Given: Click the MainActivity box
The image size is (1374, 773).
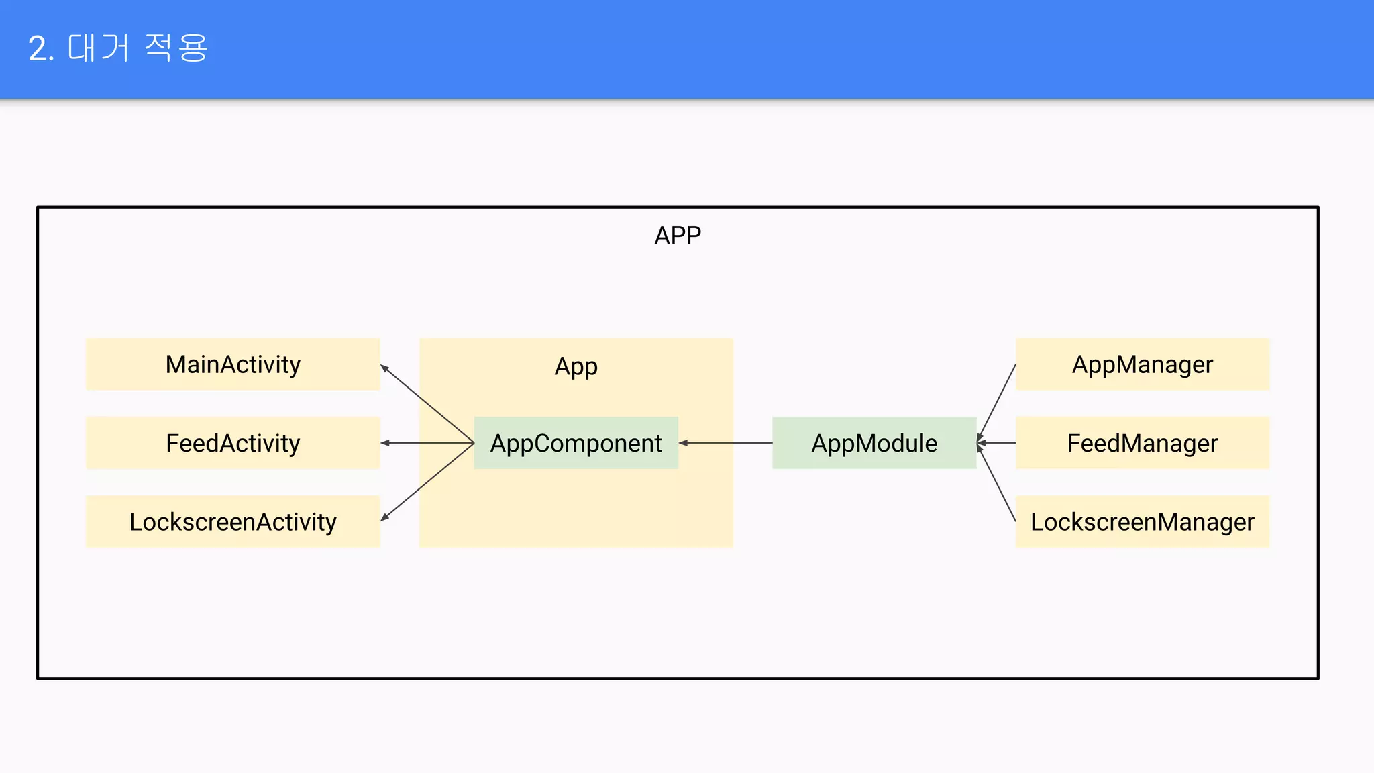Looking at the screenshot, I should [x=233, y=364].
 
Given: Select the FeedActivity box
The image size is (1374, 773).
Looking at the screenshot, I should [x=233, y=443].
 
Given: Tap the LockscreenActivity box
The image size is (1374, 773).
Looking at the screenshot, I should [x=233, y=521].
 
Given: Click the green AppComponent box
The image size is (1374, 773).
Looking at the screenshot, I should [x=576, y=443].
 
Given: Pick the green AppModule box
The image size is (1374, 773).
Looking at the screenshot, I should [x=874, y=443].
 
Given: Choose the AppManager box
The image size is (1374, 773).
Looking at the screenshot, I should [x=1142, y=364].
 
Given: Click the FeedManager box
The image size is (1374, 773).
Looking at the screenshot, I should [x=1142, y=443].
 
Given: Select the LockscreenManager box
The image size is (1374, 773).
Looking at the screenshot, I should [x=1142, y=521].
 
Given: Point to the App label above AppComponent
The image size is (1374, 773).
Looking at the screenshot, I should [x=576, y=366].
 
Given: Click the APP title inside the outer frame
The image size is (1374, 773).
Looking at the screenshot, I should [x=678, y=236].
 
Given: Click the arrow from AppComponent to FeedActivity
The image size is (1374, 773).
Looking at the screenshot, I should [x=427, y=443].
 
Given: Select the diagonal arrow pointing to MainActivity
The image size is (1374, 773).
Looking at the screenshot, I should [x=427, y=403].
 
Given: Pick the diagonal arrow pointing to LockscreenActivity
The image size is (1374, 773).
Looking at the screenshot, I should [x=427, y=482].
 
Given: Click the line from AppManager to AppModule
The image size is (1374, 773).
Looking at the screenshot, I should [x=997, y=401].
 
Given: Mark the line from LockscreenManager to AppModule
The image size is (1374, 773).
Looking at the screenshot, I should [x=997, y=484].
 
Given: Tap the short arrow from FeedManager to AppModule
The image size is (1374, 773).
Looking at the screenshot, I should [x=996, y=443].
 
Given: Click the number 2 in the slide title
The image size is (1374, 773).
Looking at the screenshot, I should [x=38, y=49].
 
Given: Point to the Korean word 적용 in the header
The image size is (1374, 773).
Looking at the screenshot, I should [x=176, y=48].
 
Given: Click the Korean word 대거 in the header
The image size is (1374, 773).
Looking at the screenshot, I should [x=99, y=48].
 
